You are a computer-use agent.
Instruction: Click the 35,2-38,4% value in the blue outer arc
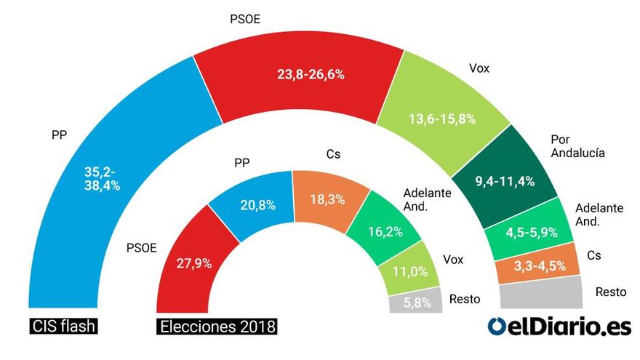102,179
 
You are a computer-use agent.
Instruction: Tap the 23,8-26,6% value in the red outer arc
311,74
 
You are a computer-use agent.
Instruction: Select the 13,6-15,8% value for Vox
442,119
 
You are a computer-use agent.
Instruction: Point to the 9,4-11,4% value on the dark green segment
505,181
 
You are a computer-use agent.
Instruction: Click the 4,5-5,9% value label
532,232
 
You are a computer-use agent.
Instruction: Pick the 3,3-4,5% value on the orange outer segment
540,266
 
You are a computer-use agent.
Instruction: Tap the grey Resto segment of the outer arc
541,293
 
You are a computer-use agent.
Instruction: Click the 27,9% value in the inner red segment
194,263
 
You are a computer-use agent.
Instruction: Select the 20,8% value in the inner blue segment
257,205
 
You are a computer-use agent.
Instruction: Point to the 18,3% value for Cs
327,199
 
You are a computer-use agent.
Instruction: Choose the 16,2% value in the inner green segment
385,232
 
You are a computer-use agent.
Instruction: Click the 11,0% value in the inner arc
409,271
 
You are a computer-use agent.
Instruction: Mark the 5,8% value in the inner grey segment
417,303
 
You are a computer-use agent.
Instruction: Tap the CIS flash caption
64,327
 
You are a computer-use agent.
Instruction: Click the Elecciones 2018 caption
217,327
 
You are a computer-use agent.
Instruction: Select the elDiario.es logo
559,327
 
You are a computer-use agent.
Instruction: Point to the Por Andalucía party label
577,146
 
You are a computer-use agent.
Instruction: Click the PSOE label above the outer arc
245,19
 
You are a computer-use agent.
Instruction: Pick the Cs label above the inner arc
333,154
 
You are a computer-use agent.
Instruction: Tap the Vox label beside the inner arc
453,260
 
